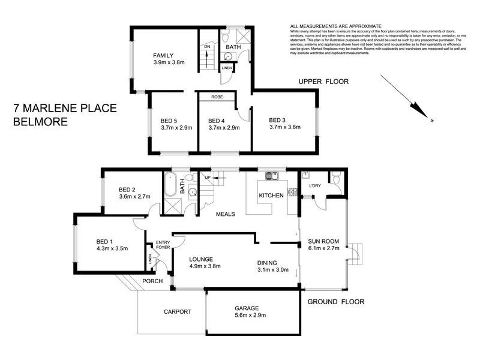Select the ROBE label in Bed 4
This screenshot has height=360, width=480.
217,97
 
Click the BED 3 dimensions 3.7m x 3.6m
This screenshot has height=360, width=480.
284,127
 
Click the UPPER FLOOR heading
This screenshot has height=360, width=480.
324,81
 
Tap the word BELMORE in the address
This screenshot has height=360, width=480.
40,121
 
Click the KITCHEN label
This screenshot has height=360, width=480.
271,196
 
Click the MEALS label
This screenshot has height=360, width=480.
226,214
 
